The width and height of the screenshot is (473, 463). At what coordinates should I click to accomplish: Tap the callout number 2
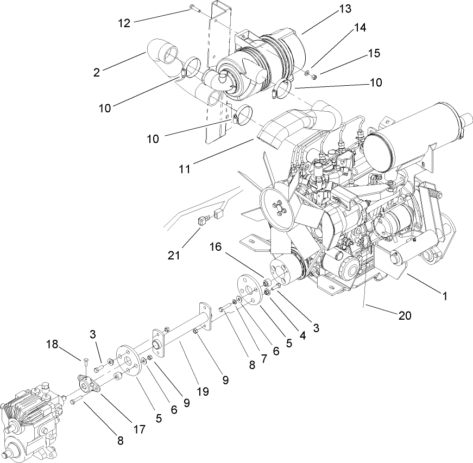tap(97, 72)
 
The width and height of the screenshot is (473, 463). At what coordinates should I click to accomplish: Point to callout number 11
tap(185, 169)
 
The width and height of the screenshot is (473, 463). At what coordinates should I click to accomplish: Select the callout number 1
tap(445, 296)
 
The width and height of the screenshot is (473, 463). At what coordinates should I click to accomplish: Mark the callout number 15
tap(373, 53)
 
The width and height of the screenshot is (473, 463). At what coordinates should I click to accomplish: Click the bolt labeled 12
tap(194, 8)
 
